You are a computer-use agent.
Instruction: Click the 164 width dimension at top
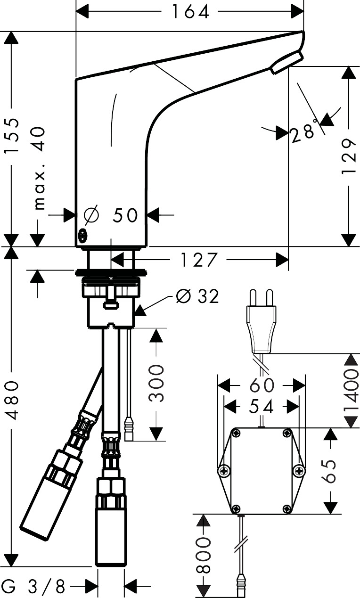[x=190, y=12]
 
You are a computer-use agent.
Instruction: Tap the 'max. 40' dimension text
[x=40, y=167]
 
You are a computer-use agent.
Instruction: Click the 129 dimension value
[x=348, y=156]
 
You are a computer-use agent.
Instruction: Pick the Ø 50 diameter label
[x=111, y=215]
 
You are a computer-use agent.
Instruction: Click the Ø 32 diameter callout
[x=197, y=296]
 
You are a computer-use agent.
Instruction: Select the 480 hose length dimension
[x=13, y=401]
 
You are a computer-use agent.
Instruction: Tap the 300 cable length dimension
[x=156, y=382]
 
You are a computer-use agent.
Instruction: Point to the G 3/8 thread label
[x=36, y=587]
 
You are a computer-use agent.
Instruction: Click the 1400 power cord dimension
[x=351, y=391]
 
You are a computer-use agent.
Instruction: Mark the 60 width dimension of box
[x=262, y=385]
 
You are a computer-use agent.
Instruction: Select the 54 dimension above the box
[x=262, y=406]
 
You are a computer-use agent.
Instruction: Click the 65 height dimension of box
[x=331, y=471]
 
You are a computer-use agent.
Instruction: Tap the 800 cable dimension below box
[x=204, y=555]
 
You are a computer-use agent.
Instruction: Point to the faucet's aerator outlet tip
[x=286, y=63]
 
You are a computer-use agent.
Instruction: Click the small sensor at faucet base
[x=83, y=234]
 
